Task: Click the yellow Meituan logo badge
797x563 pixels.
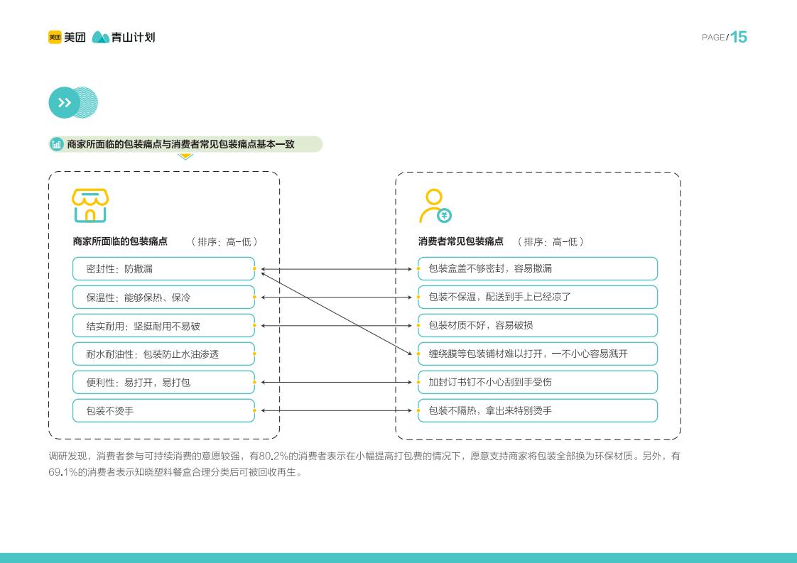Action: pyautogui.click(x=55, y=37)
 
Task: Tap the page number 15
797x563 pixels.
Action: pyautogui.click(x=739, y=37)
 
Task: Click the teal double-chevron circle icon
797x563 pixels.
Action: pyautogui.click(x=64, y=103)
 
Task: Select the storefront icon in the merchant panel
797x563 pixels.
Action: pyautogui.click(x=90, y=206)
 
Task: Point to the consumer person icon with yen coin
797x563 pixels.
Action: pyautogui.click(x=435, y=206)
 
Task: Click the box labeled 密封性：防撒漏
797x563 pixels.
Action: pyautogui.click(x=163, y=269)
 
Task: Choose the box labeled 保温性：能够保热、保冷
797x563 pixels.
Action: pyautogui.click(x=163, y=297)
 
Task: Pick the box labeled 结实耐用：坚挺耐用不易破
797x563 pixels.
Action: pyautogui.click(x=163, y=326)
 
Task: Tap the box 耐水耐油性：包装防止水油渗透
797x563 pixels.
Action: pyautogui.click(x=163, y=354)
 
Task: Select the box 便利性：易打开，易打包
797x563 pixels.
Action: pyautogui.click(x=163, y=383)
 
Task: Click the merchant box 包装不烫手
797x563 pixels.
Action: pyautogui.click(x=163, y=410)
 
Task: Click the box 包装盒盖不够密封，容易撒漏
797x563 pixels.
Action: pyautogui.click(x=538, y=269)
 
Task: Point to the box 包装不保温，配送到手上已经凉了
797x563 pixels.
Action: pyautogui.click(x=538, y=297)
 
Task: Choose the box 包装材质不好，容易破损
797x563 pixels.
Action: pyautogui.click(x=538, y=326)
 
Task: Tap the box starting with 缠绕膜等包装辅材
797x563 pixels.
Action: pyautogui.click(x=538, y=354)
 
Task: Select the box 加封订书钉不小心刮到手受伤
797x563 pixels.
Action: pyautogui.click(x=538, y=383)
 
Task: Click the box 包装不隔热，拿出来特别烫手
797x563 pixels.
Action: pyautogui.click(x=538, y=410)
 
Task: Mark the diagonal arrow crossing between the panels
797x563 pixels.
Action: pyautogui.click(x=336, y=314)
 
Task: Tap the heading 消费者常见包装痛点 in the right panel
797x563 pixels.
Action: pyautogui.click(x=460, y=241)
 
